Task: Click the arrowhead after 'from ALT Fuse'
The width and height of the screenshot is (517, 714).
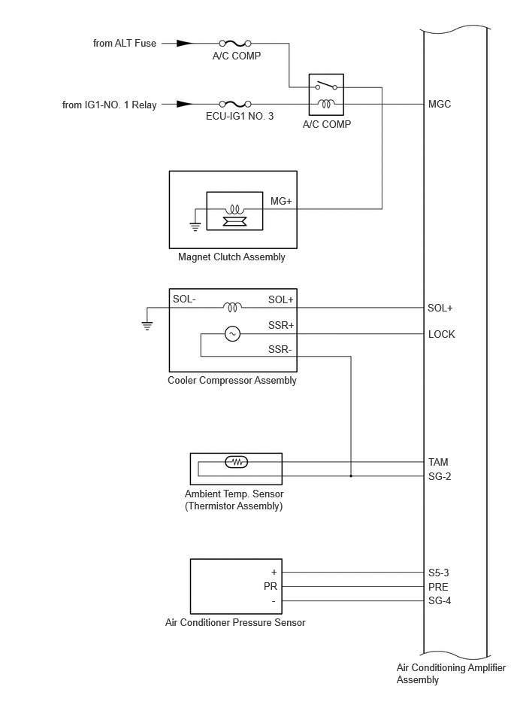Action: (x=185, y=43)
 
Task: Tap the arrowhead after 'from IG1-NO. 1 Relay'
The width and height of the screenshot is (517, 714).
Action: (x=185, y=104)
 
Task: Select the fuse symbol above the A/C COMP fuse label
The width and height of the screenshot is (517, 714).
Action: (x=235, y=43)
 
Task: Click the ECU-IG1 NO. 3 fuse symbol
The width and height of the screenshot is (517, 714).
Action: (x=235, y=104)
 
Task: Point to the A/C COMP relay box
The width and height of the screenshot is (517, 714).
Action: (x=326, y=94)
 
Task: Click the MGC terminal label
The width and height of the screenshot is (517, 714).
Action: (x=440, y=105)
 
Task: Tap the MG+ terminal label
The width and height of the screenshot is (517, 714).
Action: (x=281, y=201)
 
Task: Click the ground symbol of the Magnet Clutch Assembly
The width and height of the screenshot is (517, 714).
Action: (x=195, y=226)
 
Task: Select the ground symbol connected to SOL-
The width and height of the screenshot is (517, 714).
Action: (x=147, y=325)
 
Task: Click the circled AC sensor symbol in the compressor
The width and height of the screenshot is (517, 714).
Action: (x=232, y=334)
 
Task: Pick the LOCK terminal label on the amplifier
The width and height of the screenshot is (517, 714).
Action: (x=442, y=334)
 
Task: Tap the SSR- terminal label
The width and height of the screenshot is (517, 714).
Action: (x=280, y=349)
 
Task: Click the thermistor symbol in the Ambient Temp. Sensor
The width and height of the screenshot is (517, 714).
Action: (x=237, y=462)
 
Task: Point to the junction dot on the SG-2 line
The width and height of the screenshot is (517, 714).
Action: (x=351, y=476)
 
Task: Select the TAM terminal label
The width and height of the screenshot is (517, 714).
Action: (x=438, y=462)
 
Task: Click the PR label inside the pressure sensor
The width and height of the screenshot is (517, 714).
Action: (x=271, y=587)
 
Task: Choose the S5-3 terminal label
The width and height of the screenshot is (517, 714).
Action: (x=438, y=573)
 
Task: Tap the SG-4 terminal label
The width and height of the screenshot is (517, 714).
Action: (x=440, y=600)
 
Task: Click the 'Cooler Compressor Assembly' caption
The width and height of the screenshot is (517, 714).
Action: (x=232, y=381)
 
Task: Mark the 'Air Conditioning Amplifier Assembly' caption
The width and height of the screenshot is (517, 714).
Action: (x=451, y=673)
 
